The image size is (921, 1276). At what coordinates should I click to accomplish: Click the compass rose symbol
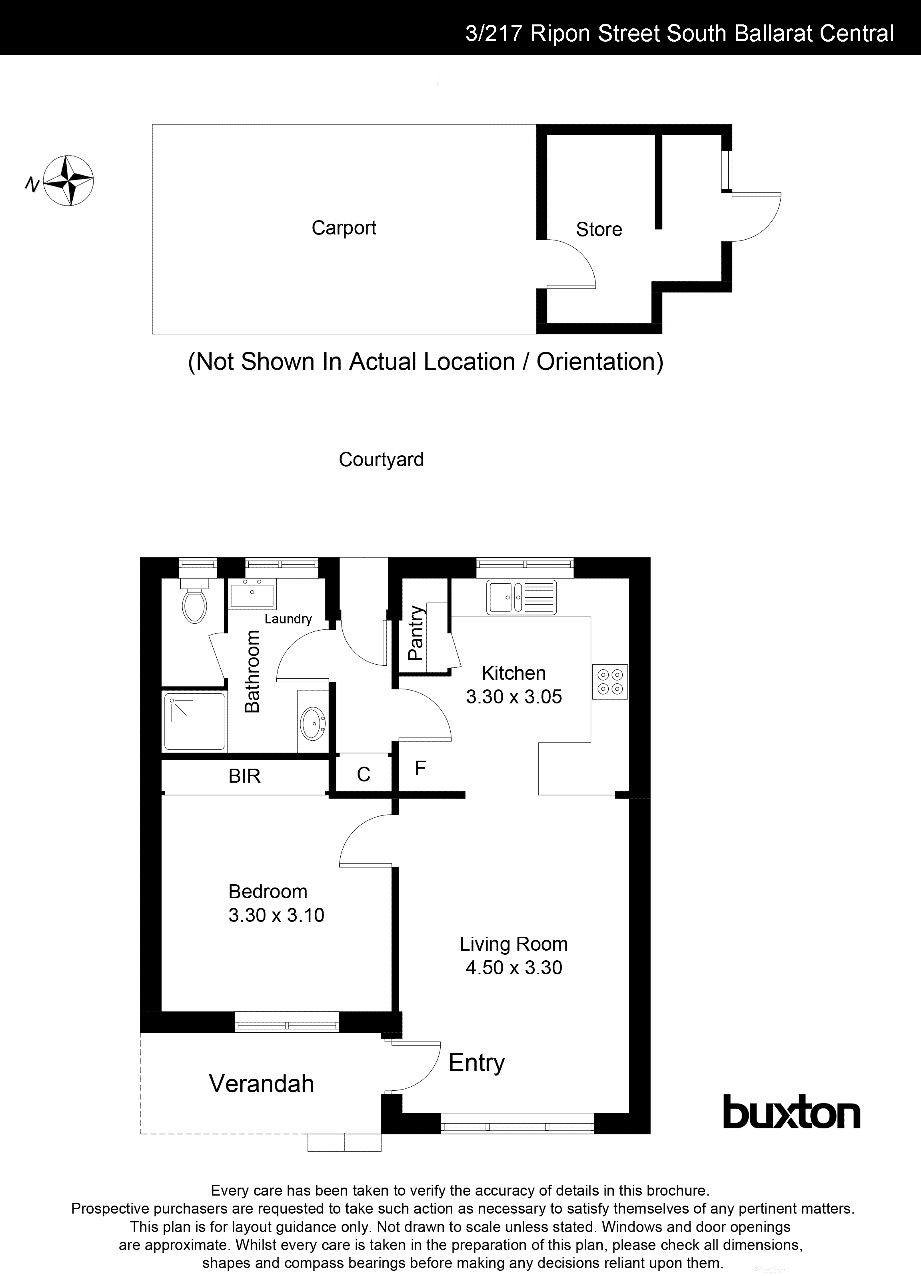click(x=69, y=180)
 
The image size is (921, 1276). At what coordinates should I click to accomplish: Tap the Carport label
click(x=344, y=228)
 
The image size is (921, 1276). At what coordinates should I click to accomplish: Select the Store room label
click(x=599, y=230)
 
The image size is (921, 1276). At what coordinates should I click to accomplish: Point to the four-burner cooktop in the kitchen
click(x=609, y=681)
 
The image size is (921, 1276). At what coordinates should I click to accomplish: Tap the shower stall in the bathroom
click(x=194, y=722)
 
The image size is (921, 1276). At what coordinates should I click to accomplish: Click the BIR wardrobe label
click(x=245, y=776)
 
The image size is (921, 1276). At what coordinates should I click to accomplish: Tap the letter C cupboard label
click(x=363, y=775)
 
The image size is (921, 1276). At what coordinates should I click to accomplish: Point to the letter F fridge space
click(x=420, y=768)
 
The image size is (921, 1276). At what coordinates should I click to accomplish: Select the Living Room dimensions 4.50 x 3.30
click(x=513, y=967)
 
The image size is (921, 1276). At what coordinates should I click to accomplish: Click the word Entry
click(x=476, y=1062)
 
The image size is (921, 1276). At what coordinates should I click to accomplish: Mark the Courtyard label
click(x=381, y=460)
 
